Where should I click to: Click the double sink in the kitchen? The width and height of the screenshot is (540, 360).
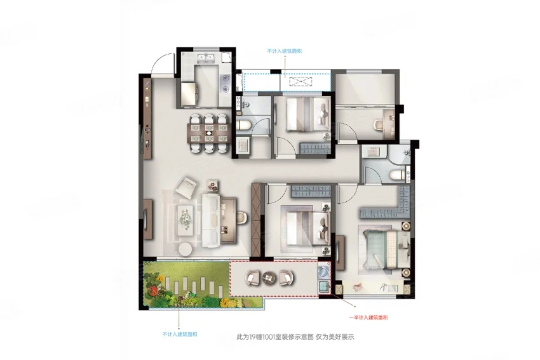click(206, 58)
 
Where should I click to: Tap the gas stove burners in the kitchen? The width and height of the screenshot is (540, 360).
click(226, 84)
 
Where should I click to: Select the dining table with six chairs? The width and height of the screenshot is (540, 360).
click(209, 133)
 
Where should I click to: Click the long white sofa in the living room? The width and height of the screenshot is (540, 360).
click(211, 220)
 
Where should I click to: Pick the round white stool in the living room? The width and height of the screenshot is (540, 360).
click(186, 248)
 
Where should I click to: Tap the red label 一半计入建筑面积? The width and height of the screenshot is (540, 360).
click(368, 317)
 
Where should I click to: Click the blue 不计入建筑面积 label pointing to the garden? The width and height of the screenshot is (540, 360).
click(180, 334)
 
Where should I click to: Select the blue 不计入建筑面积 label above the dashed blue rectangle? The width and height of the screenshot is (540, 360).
click(285, 51)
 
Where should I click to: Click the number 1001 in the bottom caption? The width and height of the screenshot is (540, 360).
click(268, 337)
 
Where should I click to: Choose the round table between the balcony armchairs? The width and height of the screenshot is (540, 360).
click(269, 277)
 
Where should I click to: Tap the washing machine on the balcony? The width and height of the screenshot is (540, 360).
click(324, 271)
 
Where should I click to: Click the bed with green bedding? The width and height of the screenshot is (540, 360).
click(386, 249)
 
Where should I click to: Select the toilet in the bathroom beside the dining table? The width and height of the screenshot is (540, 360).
click(243, 125)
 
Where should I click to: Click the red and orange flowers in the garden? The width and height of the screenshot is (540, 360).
click(152, 291)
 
